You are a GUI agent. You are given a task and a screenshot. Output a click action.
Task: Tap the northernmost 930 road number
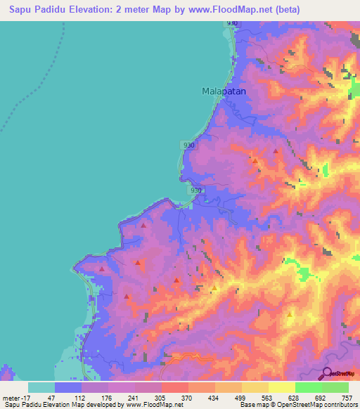tap(233, 24)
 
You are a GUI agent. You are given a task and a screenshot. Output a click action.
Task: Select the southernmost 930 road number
tap(196, 190)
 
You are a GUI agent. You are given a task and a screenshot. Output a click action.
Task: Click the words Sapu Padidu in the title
tap(39, 10)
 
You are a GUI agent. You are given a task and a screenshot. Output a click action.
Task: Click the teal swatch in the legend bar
tap(41, 387)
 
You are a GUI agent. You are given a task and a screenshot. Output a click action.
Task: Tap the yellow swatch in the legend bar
tap(281, 387)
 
